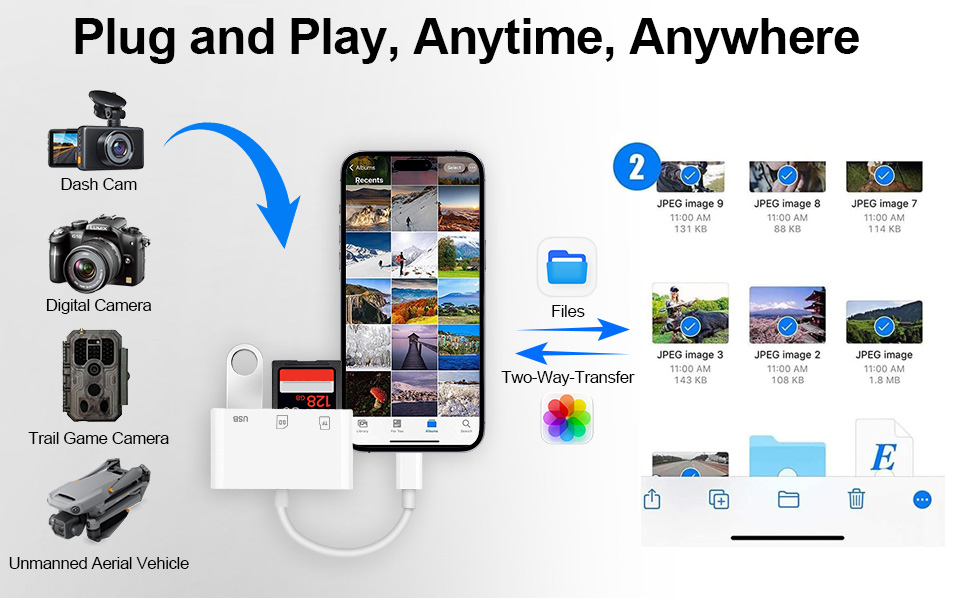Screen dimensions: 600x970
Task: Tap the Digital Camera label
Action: point(98,305)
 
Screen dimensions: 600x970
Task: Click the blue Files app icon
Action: point(567,267)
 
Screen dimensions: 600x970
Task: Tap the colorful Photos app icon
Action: point(567,419)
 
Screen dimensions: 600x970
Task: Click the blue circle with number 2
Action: point(636,167)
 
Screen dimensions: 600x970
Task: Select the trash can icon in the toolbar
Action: point(856,498)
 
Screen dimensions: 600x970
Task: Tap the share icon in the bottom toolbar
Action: point(652,498)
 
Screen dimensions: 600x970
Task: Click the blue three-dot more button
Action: point(922,499)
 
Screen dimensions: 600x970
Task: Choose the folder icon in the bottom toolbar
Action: point(788,498)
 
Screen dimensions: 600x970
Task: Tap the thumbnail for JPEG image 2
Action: point(787,314)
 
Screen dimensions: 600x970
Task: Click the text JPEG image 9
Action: point(690,204)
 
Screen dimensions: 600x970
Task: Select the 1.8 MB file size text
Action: point(884,381)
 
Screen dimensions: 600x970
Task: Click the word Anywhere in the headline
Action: point(744,38)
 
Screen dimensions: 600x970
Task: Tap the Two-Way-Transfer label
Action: point(567,377)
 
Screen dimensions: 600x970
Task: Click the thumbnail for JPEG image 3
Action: point(690,314)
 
